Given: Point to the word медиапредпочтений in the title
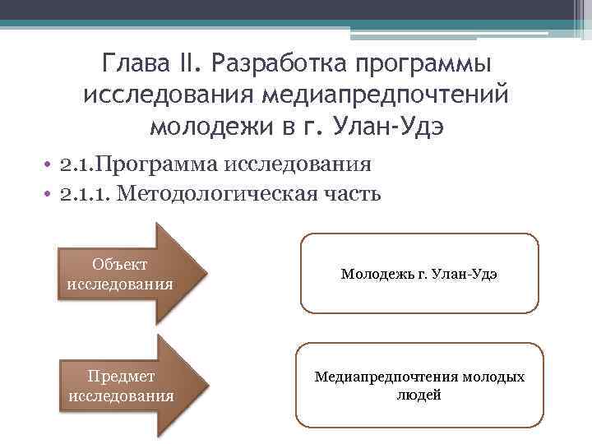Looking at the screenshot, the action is (x=386, y=95).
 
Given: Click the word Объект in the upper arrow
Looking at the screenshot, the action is (x=119, y=264).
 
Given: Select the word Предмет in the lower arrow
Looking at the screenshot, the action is (x=121, y=376).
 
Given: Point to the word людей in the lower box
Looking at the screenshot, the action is (x=419, y=395).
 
